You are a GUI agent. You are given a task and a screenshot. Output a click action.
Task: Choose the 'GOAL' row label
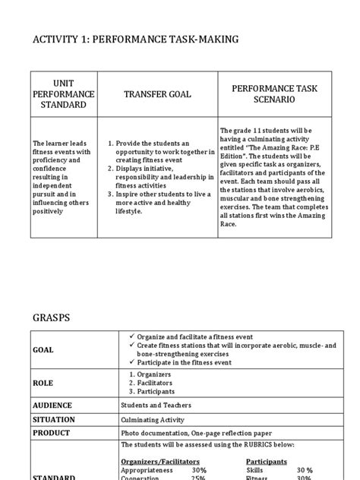point(43,349)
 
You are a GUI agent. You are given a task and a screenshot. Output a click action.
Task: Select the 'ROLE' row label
point(42,384)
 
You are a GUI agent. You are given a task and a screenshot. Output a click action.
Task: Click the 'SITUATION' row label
point(53,419)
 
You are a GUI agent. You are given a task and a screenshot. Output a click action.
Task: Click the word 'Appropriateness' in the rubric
point(149,470)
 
